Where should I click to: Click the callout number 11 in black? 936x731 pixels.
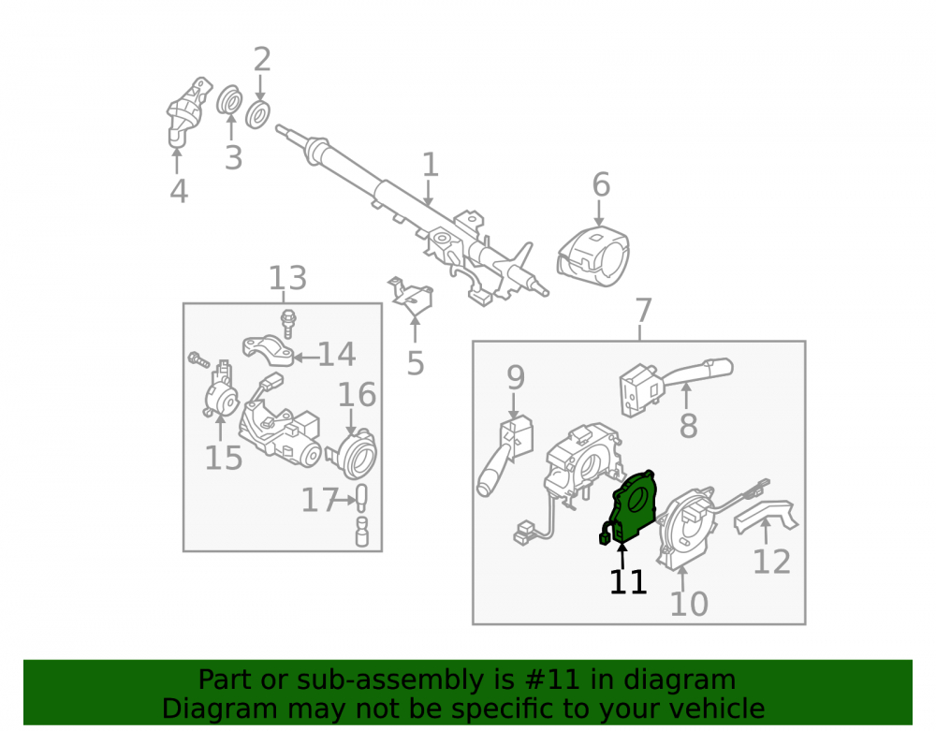point(628,581)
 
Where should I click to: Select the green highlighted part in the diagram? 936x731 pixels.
point(632,507)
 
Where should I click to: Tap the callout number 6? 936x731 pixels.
point(601,184)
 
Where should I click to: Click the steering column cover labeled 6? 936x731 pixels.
point(592,256)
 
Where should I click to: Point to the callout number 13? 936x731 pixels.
point(287,278)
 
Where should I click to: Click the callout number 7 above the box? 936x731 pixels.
point(643,311)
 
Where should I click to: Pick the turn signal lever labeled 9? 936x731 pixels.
point(505,457)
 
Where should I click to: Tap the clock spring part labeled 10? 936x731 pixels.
point(686,525)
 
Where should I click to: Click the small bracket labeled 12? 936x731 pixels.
point(767,515)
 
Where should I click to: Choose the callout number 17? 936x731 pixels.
point(320,500)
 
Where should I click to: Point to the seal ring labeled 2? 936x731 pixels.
point(258,114)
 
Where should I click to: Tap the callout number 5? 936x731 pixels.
point(416,363)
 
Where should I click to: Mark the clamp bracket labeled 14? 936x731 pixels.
point(268,350)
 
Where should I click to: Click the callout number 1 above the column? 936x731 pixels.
point(431,164)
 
